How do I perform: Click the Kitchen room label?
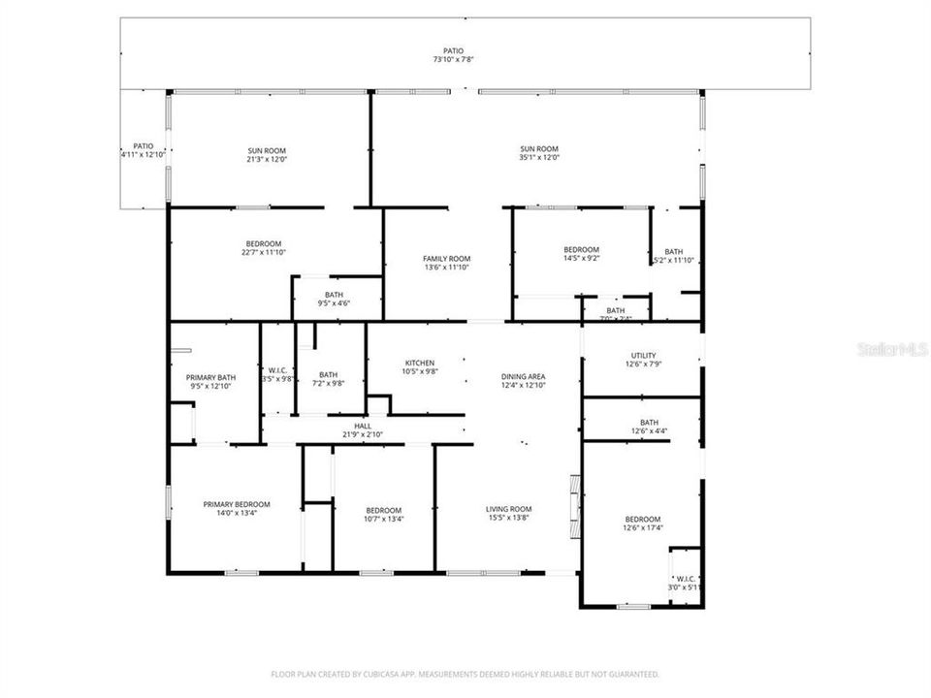[x=419, y=364]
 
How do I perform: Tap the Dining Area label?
[x=523, y=377]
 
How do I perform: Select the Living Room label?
[x=508, y=509]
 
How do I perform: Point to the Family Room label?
[x=446, y=259]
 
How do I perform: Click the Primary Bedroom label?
[x=237, y=504]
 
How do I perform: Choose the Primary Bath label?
[x=210, y=377]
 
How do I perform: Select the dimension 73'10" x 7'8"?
[x=453, y=59]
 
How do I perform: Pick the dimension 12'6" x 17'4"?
[x=642, y=528]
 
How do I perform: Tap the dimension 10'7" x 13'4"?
[x=383, y=519]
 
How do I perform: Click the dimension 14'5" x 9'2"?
[x=582, y=258]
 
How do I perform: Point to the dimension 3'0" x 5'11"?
[x=685, y=587]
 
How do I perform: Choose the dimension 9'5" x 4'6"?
[x=334, y=303]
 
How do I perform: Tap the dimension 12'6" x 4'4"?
[x=649, y=430]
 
